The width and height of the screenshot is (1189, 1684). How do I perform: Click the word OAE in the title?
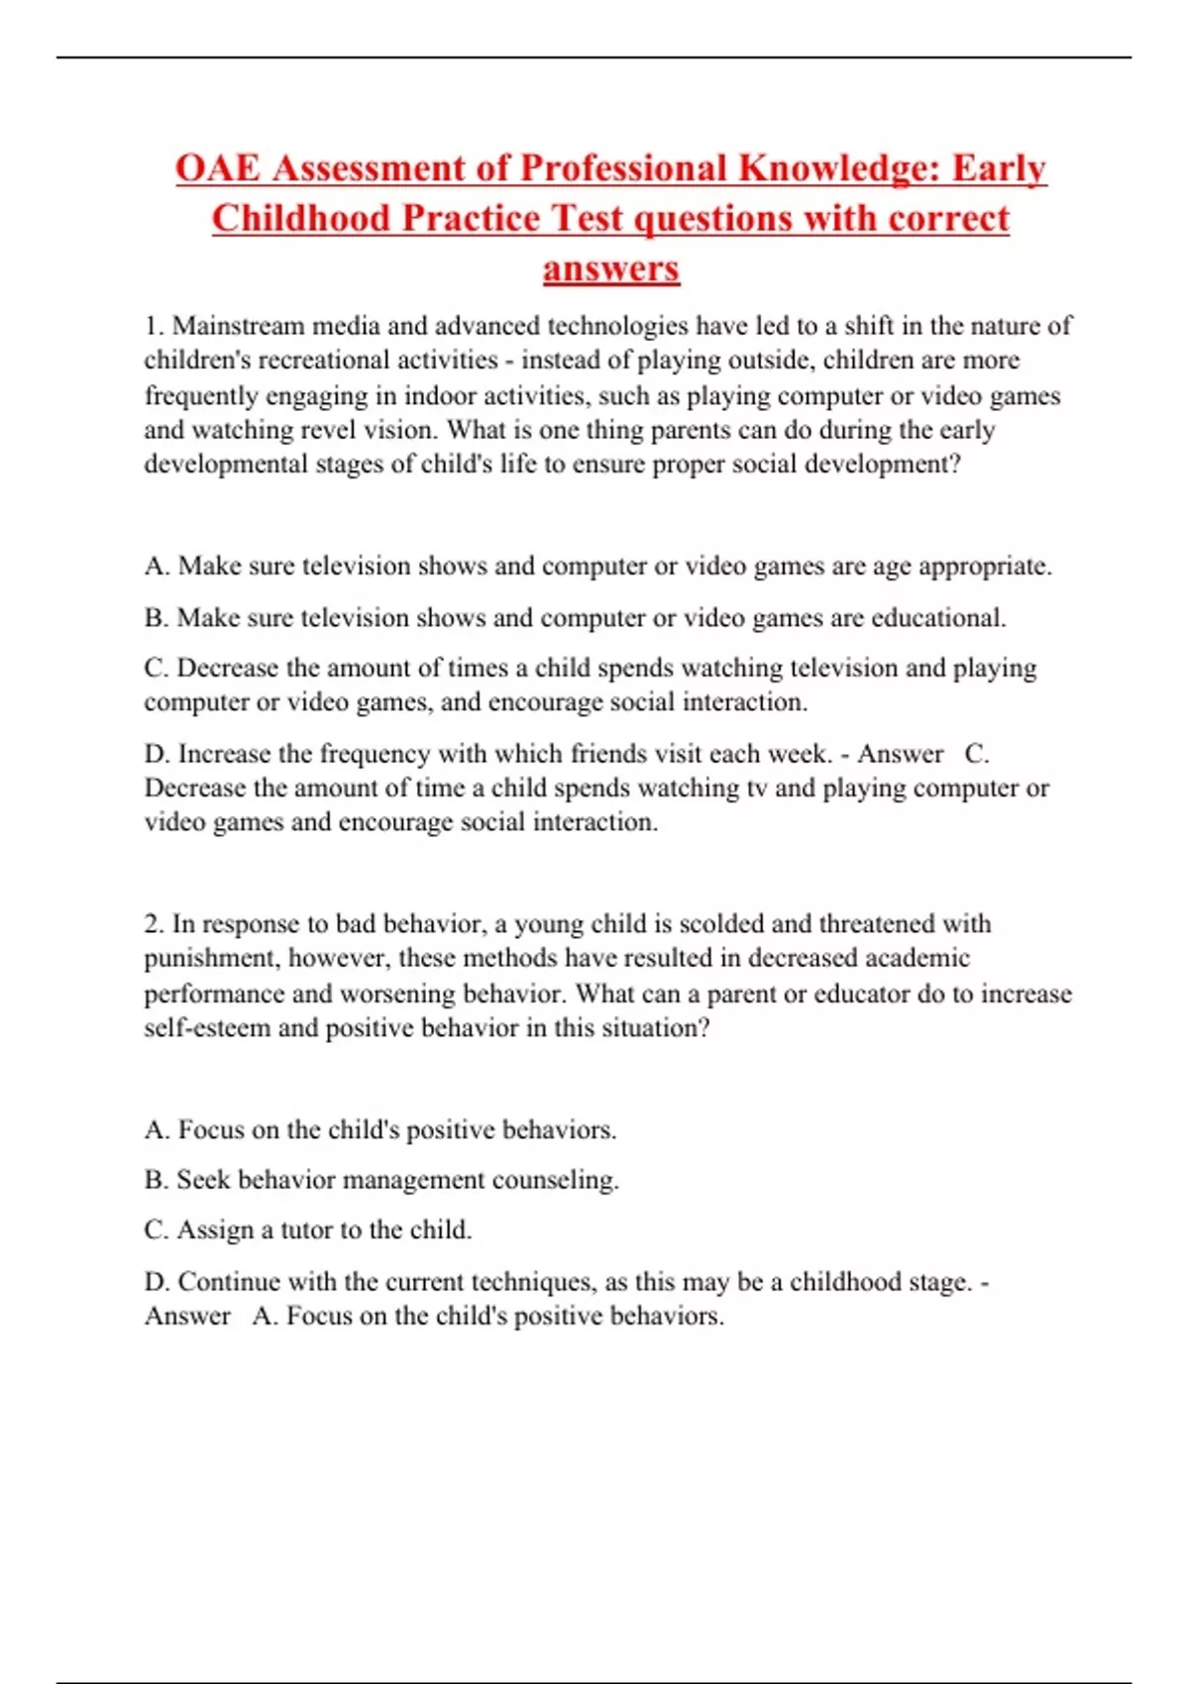tap(218, 168)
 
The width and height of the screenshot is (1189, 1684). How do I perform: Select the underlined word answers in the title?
tap(610, 268)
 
